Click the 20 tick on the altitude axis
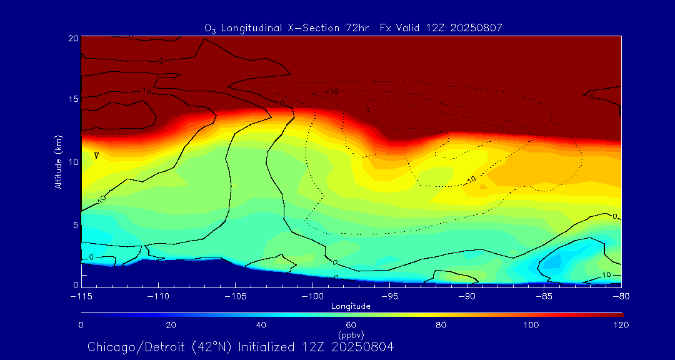(x=73, y=38)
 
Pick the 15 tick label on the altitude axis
(x=73, y=99)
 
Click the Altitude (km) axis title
(x=58, y=161)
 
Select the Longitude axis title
(x=351, y=306)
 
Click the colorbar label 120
(x=621, y=325)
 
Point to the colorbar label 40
(x=261, y=325)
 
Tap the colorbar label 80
(x=441, y=325)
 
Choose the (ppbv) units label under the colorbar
(x=351, y=335)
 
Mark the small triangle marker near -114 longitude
(x=96, y=155)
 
